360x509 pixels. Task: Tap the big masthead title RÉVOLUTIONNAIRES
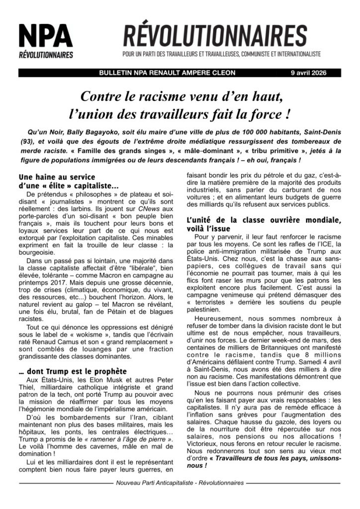215,36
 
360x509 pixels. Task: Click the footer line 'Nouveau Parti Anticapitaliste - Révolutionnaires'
180,483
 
